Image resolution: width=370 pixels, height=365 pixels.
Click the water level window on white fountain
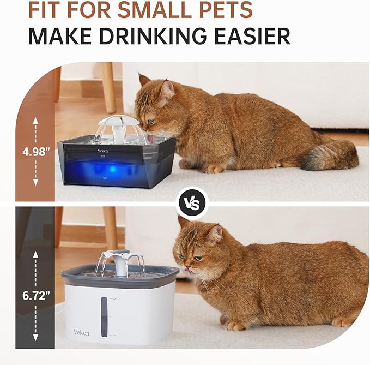[x=105, y=317]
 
